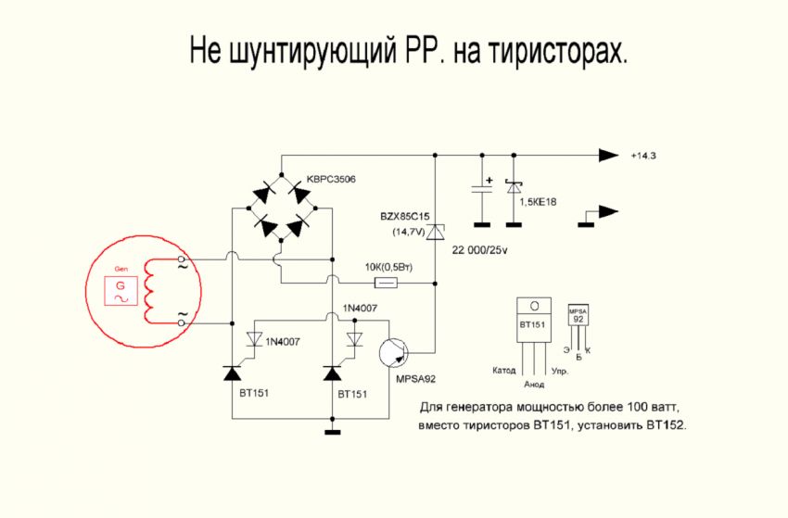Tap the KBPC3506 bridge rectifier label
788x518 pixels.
click(331, 178)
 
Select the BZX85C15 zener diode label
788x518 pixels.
click(405, 216)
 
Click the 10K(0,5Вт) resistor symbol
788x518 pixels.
click(386, 282)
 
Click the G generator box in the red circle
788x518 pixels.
click(119, 292)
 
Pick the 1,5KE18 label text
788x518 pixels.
click(541, 202)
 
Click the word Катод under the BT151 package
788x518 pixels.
click(505, 371)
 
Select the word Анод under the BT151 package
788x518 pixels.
click(534, 383)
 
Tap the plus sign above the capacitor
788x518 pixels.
click(489, 180)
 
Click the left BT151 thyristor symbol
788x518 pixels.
click(232, 373)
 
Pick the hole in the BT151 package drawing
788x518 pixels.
click(533, 307)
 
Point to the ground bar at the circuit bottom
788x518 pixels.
click(332, 432)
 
